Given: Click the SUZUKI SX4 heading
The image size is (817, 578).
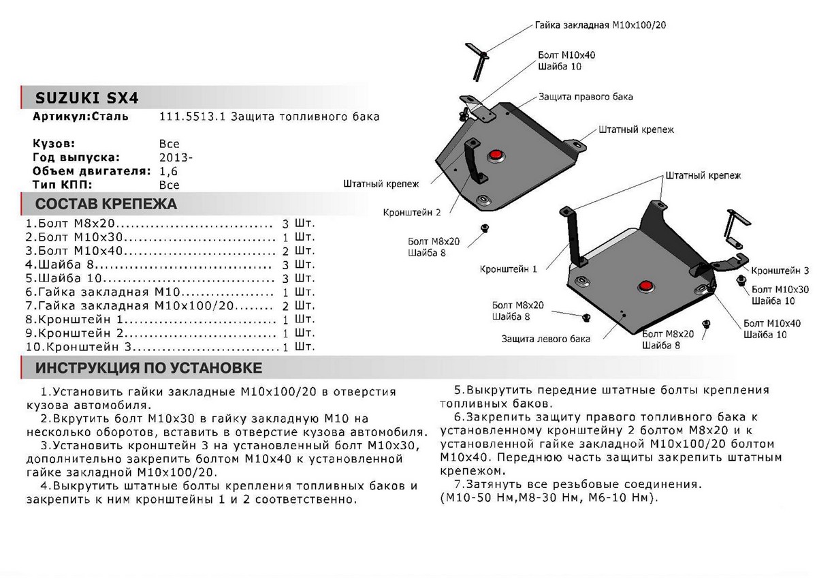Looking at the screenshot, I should pyautogui.click(x=86, y=97).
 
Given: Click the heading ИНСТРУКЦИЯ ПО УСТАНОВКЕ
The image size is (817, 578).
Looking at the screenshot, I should pyautogui.click(x=148, y=369).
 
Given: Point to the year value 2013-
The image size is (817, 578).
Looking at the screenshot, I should pyautogui.click(x=175, y=157).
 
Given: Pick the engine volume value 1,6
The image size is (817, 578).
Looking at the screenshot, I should pyautogui.click(x=167, y=171).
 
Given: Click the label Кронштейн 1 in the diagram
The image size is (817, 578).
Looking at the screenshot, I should pyautogui.click(x=507, y=269).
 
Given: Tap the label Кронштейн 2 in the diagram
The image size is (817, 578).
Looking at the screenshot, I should pyautogui.click(x=412, y=212).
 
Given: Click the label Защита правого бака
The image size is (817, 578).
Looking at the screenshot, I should pyautogui.click(x=586, y=97).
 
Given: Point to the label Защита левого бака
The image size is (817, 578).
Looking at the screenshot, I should pyautogui.click(x=546, y=338).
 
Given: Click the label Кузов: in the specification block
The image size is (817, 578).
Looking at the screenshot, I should pyautogui.click(x=54, y=144).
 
